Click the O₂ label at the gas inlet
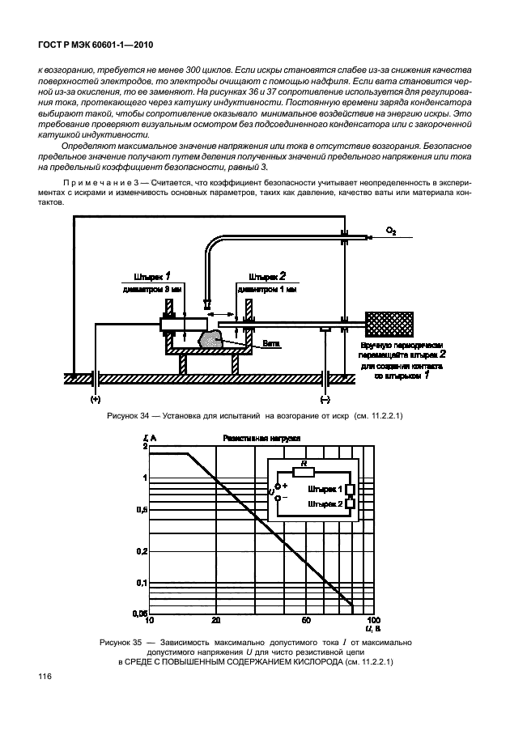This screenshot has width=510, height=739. (391, 231)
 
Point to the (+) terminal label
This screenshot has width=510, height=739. (96, 399)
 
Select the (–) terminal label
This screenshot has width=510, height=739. (325, 399)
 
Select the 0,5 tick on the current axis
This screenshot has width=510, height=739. (141, 509)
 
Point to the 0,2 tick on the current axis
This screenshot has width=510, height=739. (141, 551)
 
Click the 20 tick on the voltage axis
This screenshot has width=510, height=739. (215, 621)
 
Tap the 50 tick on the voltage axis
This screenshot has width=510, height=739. (307, 621)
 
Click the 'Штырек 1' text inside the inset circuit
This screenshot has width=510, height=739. (324, 490)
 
